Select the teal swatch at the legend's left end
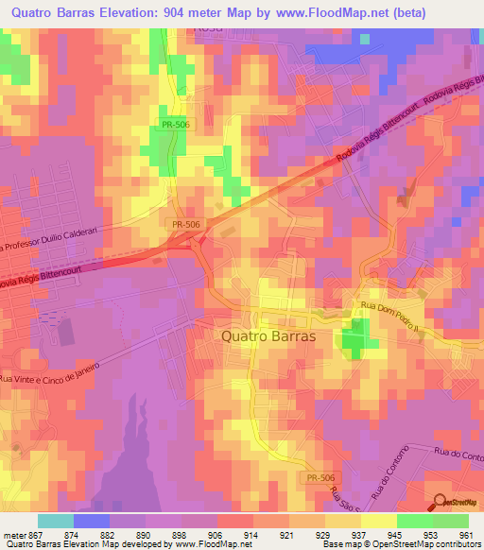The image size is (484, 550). pyautogui.click(x=56, y=521)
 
